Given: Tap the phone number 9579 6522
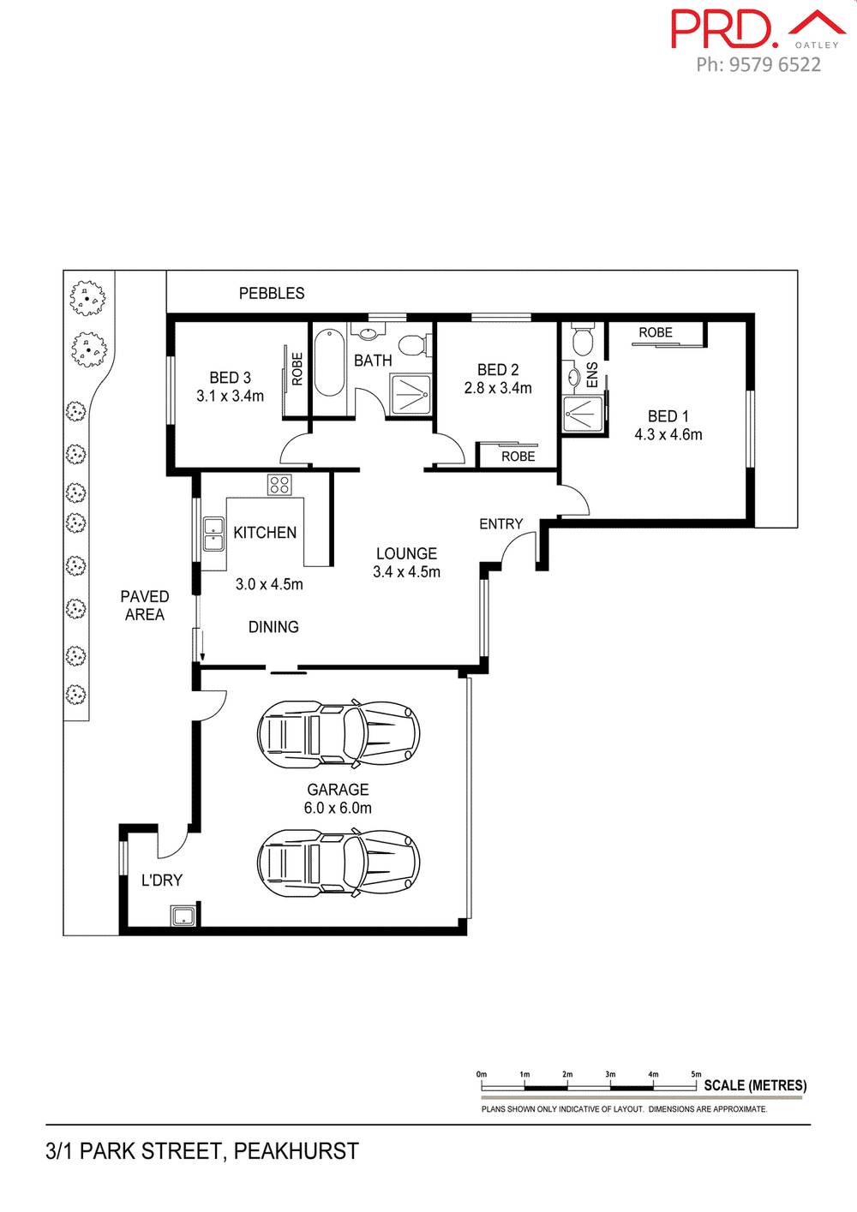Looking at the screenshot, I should (x=775, y=65).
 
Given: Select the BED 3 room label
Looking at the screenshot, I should (x=230, y=378).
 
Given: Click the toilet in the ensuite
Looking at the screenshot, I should (x=583, y=340).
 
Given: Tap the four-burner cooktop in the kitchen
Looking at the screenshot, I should (x=279, y=485).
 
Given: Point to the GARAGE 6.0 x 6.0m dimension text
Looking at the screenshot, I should (x=338, y=808).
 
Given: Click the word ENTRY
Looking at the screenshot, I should (x=500, y=524).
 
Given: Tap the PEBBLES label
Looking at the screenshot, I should (x=272, y=294).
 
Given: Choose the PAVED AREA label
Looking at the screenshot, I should (x=144, y=606).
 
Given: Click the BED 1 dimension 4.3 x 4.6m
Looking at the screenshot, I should (x=668, y=435).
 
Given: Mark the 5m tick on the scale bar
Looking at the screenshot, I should (x=697, y=1074).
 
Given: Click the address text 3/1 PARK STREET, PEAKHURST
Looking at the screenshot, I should (x=202, y=1151).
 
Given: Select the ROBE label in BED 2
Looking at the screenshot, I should (x=518, y=457).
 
